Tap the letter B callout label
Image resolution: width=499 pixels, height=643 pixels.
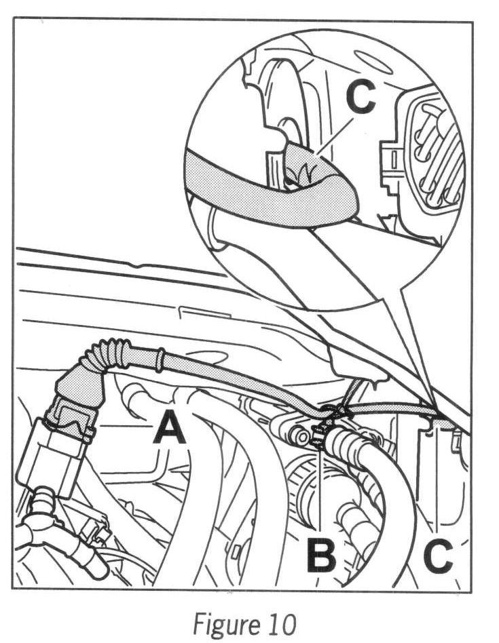pyautogui.click(x=321, y=552)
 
